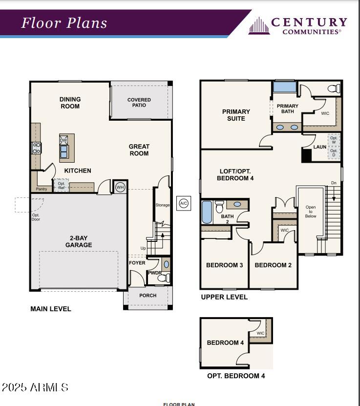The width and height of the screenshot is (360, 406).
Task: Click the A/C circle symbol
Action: pyautogui.click(x=184, y=203)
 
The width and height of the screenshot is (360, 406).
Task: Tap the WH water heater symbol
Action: pyautogui.click(x=120, y=187)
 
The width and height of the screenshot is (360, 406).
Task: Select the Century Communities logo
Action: pyautogui.click(x=297, y=25)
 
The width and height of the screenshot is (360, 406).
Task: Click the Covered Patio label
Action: pyautogui.click(x=139, y=102)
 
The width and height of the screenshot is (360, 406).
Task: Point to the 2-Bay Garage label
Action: pyautogui.click(x=79, y=241)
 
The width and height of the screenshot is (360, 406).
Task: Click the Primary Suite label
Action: pyautogui.click(x=236, y=115)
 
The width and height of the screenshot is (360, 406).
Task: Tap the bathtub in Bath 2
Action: pyautogui.click(x=207, y=212)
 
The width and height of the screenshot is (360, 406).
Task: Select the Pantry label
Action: pyautogui.click(x=42, y=189)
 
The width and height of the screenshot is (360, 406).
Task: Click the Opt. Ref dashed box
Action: pyautogui.click(x=61, y=186)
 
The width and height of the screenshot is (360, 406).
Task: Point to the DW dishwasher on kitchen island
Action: pyautogui.click(x=64, y=140)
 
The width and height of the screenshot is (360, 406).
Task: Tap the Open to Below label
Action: pyautogui.click(x=311, y=212)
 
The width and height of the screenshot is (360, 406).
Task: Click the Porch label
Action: pyautogui.click(x=148, y=296)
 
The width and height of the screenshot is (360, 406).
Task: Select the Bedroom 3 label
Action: pyautogui.click(x=224, y=265)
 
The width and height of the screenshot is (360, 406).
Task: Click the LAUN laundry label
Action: pyautogui.click(x=320, y=147)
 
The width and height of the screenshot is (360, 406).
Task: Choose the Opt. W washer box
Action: pyautogui.click(x=334, y=140)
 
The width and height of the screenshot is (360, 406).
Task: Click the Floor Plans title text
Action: pyautogui.click(x=64, y=23)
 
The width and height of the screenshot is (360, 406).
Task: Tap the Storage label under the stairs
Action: pyautogui.click(x=162, y=205)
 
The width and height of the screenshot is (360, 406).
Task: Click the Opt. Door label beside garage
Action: pyautogui.click(x=36, y=217)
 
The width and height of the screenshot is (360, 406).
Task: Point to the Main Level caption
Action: pyautogui.click(x=51, y=309)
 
